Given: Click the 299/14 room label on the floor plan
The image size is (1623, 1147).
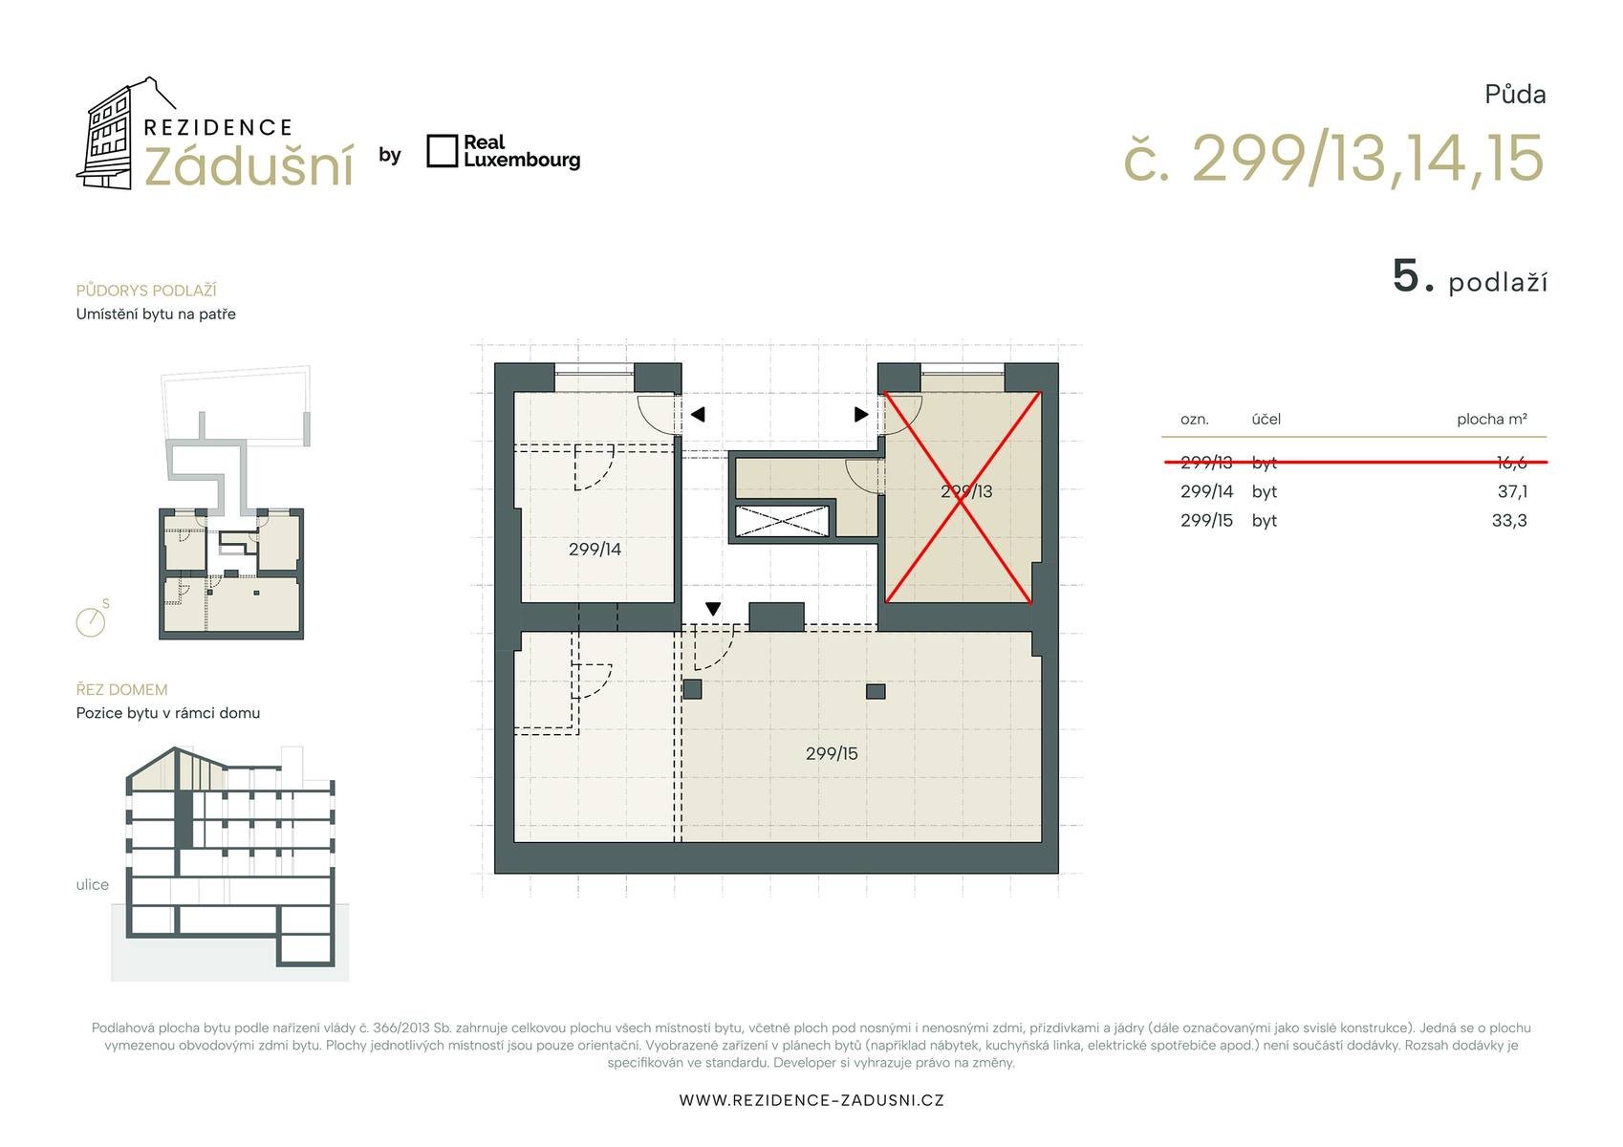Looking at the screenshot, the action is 595,550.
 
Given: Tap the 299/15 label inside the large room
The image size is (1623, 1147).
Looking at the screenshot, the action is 832,753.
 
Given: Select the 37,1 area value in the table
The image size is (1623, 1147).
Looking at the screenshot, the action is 1513,492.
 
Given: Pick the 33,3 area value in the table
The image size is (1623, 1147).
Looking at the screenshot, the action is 1509,521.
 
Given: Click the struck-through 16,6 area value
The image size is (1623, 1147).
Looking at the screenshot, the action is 1512,463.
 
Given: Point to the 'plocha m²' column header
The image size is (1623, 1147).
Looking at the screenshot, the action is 1493,419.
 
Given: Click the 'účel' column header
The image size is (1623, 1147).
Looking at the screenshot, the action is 1266,419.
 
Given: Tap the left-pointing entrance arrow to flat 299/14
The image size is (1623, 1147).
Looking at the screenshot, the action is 698,415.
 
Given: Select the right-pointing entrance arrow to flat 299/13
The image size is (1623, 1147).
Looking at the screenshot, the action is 861,415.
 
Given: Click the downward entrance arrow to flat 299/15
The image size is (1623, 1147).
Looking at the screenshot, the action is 713,610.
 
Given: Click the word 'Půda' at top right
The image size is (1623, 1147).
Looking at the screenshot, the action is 1516,95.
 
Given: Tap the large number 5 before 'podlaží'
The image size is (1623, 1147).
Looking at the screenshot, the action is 1406,276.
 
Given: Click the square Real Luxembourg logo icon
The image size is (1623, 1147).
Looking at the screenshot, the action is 442,151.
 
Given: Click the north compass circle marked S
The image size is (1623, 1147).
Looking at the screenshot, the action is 91,622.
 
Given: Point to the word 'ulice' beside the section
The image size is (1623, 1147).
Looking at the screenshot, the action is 93,885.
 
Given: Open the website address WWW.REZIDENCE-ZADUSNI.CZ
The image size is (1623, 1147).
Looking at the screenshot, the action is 811,1100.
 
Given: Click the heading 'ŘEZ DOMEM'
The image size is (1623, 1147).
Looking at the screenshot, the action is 121,690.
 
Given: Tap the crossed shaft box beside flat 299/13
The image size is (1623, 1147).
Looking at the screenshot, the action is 781,521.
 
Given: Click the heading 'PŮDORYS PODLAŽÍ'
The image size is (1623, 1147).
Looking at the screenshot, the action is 146,291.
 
